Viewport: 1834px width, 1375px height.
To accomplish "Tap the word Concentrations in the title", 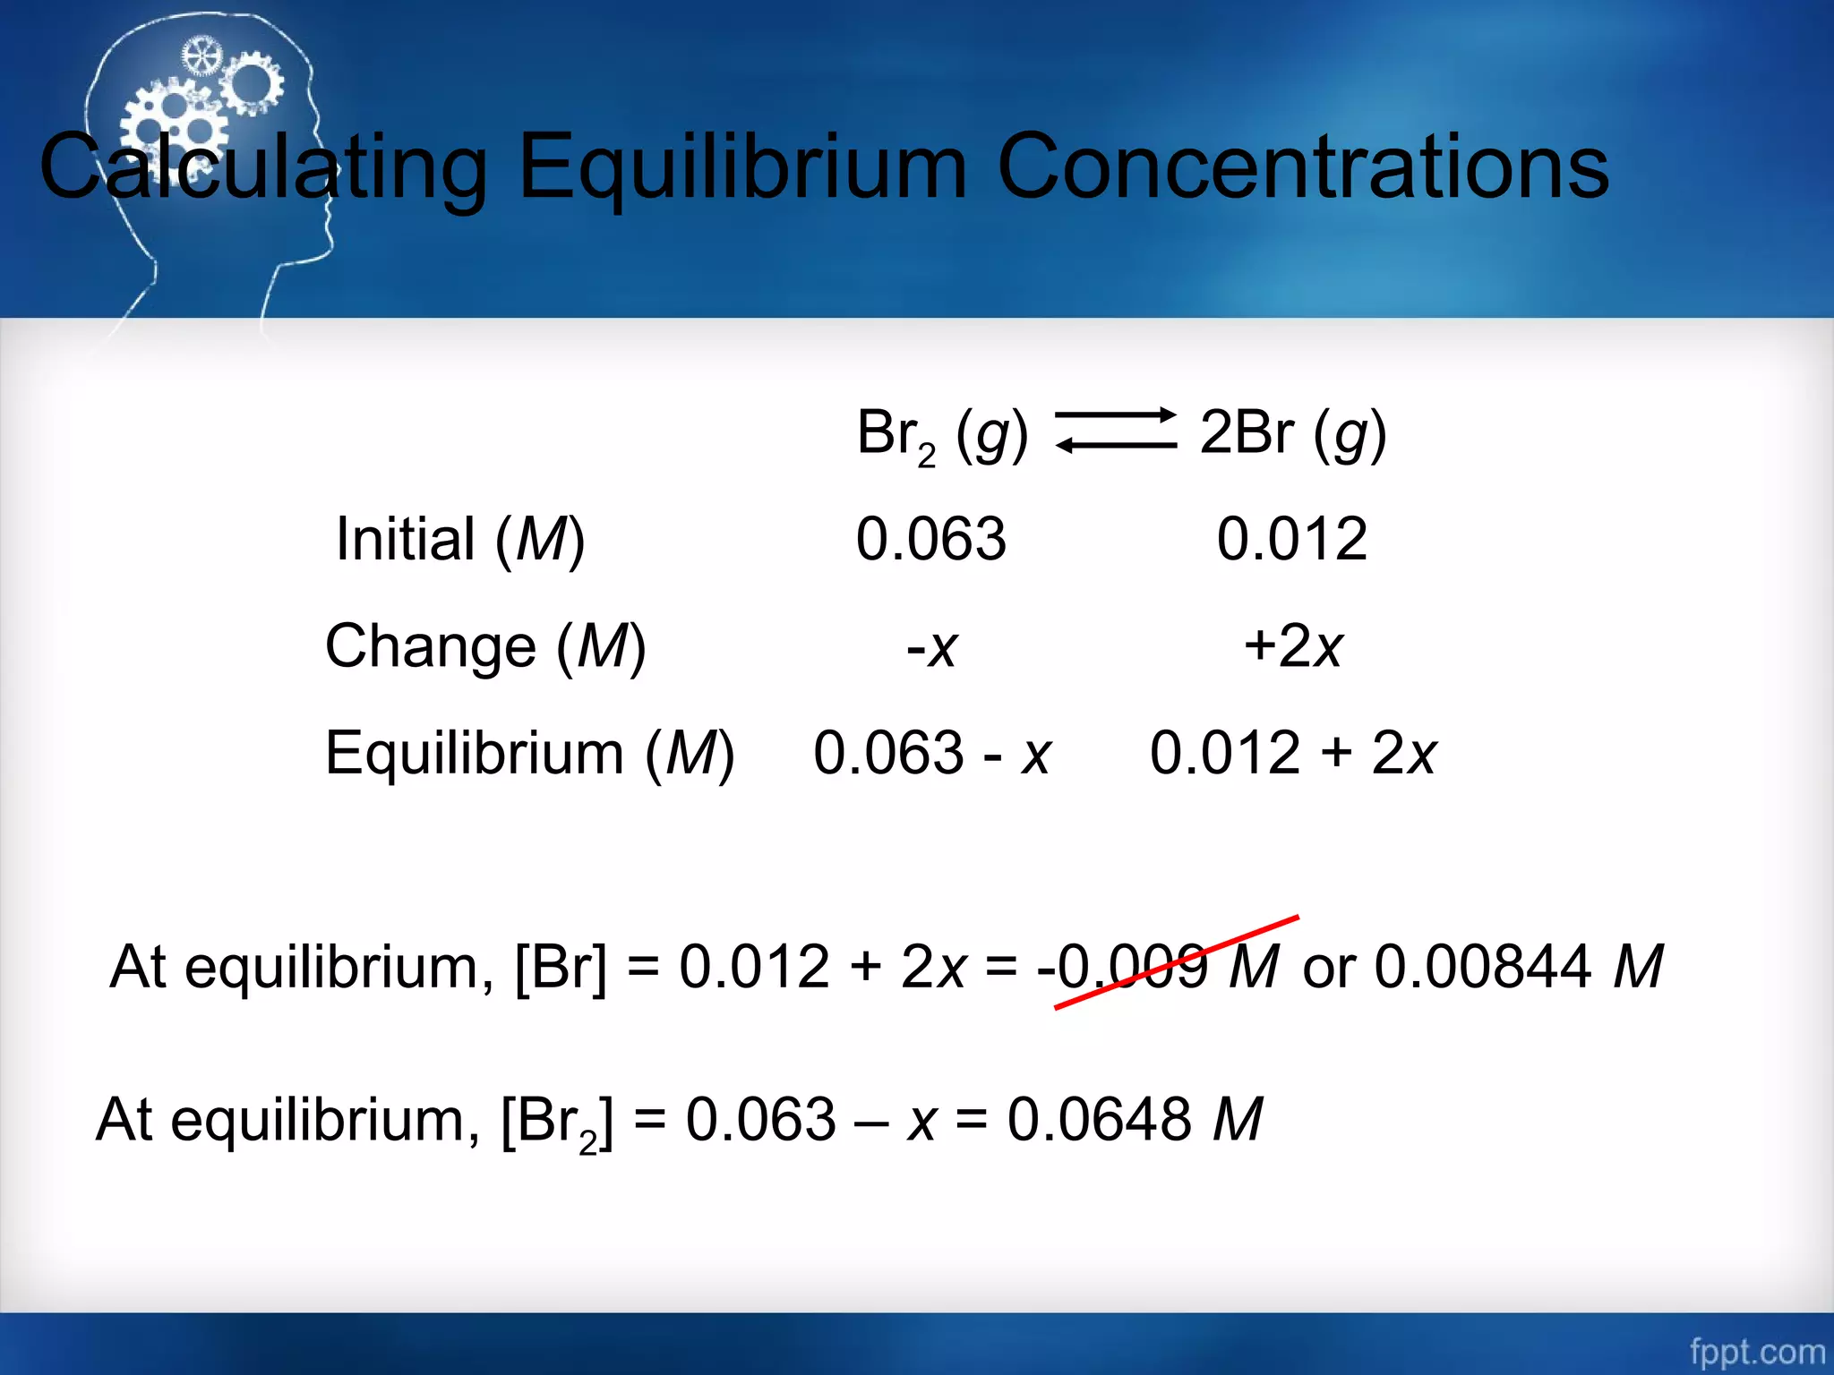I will click(1302, 167).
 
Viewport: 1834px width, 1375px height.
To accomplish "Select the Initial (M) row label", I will click(460, 540).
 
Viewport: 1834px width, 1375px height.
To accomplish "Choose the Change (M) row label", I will click(484, 646).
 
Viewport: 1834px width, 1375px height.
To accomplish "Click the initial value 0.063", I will click(931, 540).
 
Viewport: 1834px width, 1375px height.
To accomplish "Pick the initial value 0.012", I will click(1291, 540).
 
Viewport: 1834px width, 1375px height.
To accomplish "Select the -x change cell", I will click(931, 646).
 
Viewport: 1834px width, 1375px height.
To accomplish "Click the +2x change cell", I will click(1293, 646).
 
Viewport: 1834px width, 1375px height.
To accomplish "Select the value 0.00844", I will click(1483, 967).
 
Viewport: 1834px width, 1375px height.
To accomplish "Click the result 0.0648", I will click(1100, 1119).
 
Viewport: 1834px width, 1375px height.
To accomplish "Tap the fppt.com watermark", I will click(1757, 1351).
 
